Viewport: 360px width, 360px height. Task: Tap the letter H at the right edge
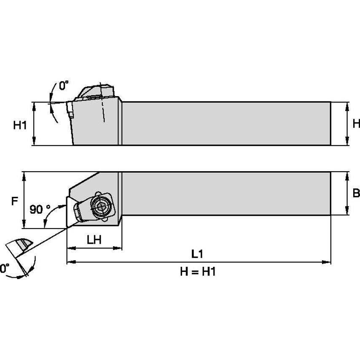(x=356, y=124)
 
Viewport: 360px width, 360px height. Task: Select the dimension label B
(x=356, y=193)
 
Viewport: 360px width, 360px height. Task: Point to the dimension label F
(x=14, y=201)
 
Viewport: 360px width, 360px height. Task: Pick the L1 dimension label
(x=197, y=254)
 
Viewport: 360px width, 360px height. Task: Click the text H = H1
(x=198, y=271)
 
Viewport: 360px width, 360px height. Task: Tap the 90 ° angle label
(x=40, y=209)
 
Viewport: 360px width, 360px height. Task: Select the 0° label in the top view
(x=63, y=86)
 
